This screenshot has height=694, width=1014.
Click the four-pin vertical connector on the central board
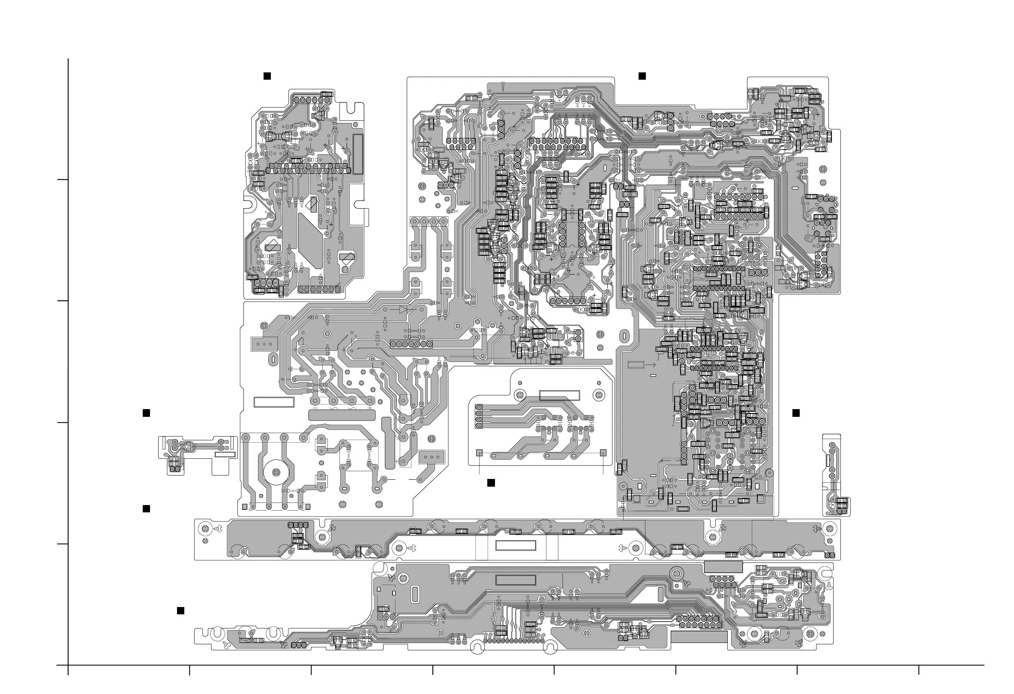coord(479,416)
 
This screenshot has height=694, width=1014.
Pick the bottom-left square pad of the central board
coord(479,452)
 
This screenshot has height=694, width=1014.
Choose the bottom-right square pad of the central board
coord(603,452)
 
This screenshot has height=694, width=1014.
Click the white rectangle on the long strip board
coord(516,545)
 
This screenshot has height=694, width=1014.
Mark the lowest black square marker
coord(180,611)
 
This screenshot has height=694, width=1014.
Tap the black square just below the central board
coord(491,482)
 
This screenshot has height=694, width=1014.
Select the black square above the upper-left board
coord(267,76)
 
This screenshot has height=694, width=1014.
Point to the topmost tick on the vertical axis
coord(63,179)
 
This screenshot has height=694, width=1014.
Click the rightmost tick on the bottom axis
coord(919,670)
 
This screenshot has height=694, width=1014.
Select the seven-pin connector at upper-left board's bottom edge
coord(319,290)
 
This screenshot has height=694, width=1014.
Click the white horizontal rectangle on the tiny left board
coord(225,455)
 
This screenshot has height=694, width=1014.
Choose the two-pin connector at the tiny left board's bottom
coord(175,469)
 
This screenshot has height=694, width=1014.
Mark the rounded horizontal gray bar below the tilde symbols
coord(342,415)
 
